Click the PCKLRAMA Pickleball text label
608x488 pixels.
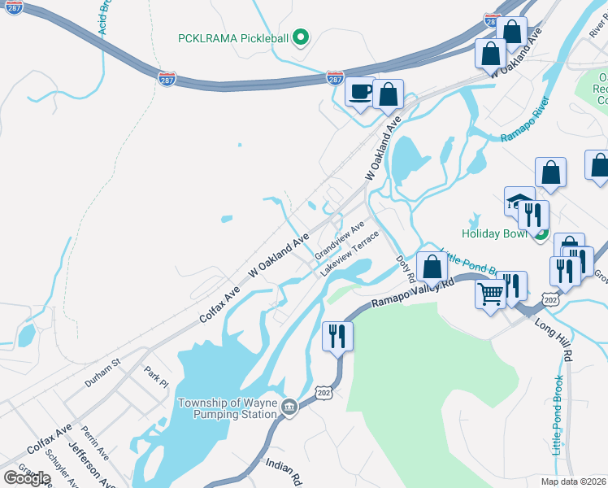coord(232,37)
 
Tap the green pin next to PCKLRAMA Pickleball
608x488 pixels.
coord(300,37)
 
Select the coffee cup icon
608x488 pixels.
coord(359,92)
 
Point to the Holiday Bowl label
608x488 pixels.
coord(495,233)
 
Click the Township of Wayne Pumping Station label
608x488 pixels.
coord(228,408)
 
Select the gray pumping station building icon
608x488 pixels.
coord(289,407)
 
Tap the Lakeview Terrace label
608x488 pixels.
coord(350,253)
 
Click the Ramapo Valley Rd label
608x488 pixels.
coord(412,294)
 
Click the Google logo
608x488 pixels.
coord(27,477)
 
